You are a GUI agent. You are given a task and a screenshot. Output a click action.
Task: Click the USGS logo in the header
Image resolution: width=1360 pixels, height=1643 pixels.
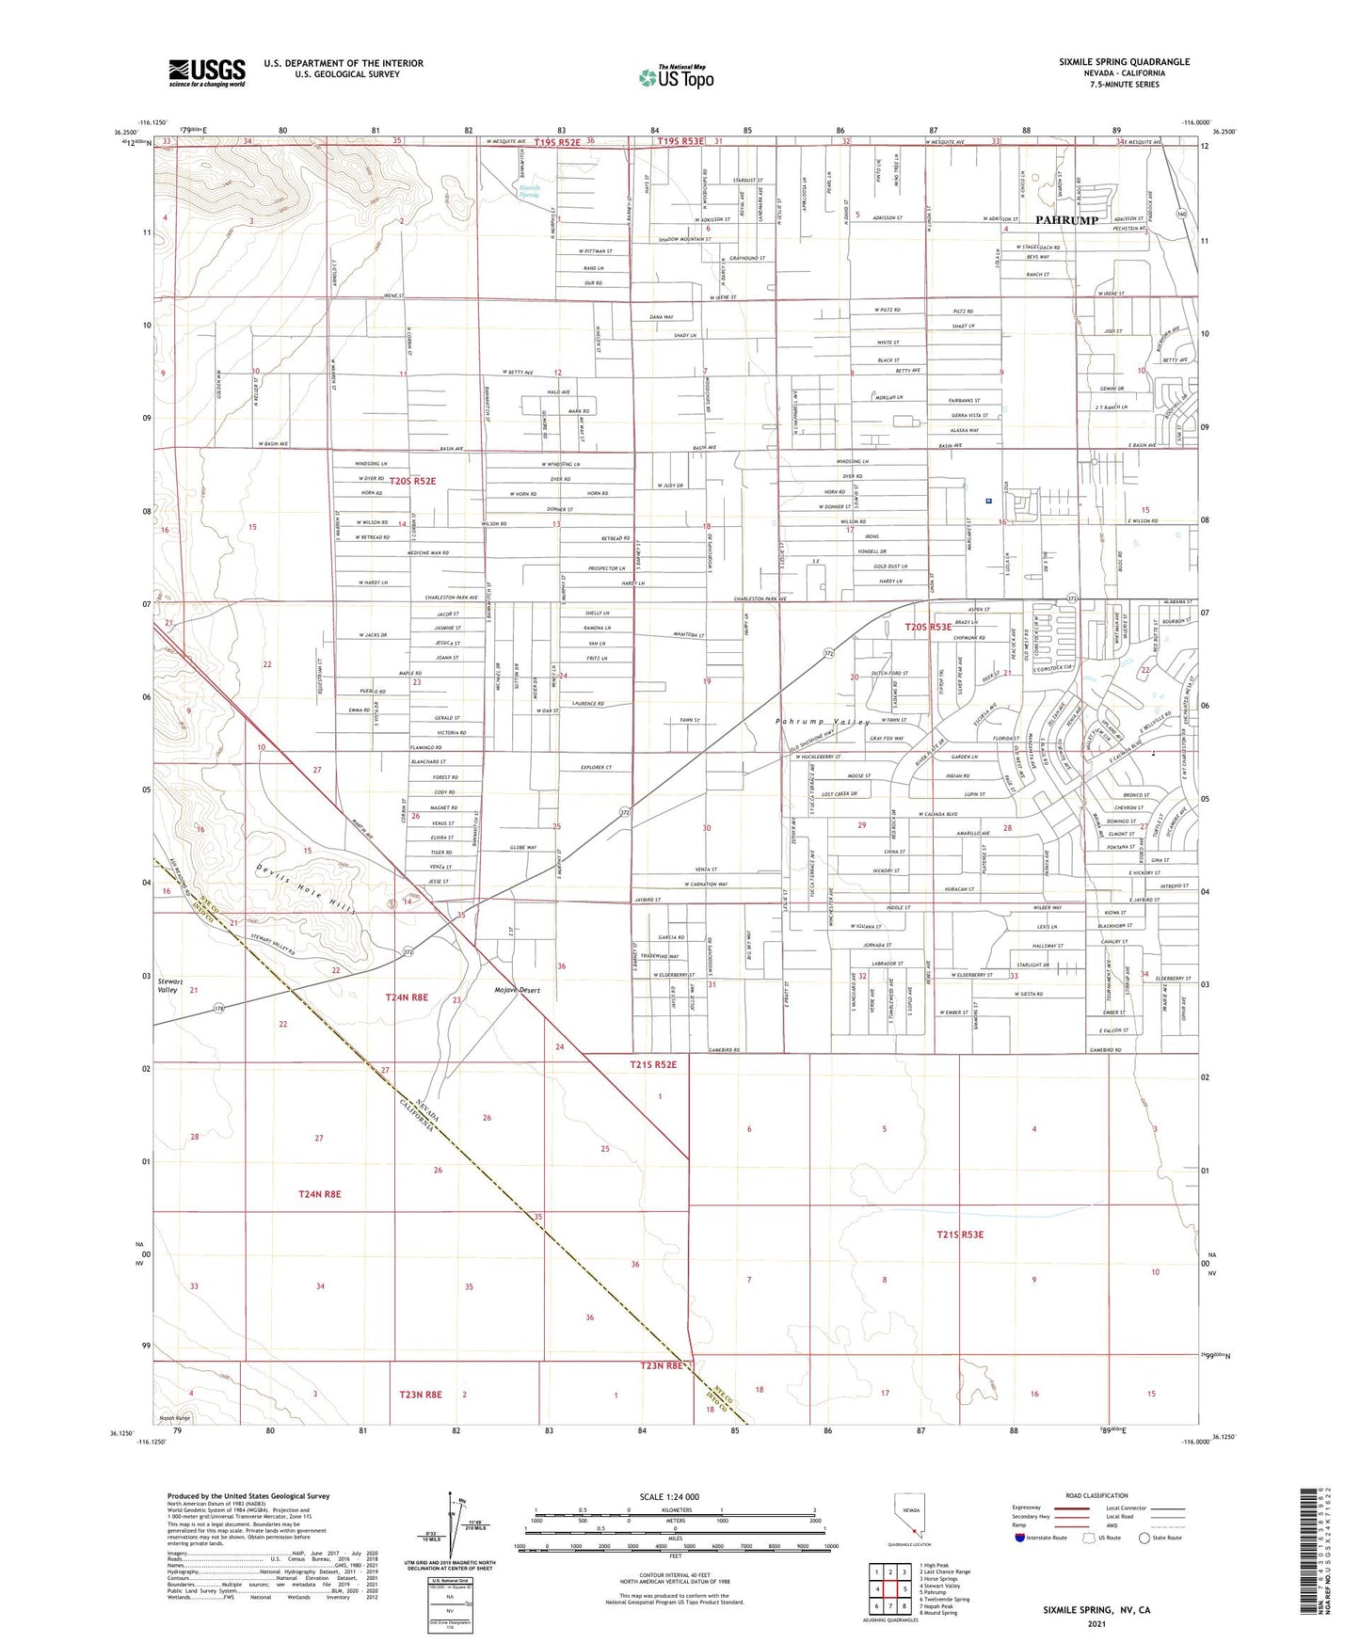[x=207, y=72]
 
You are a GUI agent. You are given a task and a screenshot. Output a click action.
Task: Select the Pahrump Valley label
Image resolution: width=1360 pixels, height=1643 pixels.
[x=823, y=722]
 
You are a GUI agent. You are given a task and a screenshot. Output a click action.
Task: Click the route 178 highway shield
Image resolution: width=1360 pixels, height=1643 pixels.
[x=218, y=1007]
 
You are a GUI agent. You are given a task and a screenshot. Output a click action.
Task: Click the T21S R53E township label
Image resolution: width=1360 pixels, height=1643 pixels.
[x=959, y=1234]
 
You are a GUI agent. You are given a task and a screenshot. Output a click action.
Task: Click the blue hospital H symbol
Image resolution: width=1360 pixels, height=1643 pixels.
[x=988, y=502]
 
